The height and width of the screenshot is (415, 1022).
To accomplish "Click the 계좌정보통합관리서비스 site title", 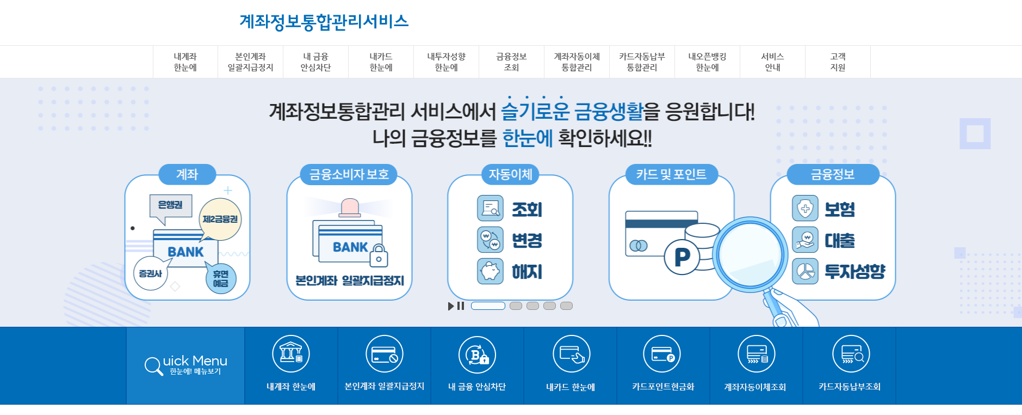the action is pos(324,22).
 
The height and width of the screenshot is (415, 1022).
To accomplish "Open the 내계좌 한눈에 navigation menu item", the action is pos(185,62).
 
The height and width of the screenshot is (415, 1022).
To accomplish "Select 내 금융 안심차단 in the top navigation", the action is pos(315,62).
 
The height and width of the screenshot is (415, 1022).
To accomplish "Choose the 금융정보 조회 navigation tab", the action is pos(511,62).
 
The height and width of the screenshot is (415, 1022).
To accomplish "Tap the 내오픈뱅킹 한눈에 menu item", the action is pos(707,62).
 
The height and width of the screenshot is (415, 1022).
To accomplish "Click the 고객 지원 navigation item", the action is pos(838,62).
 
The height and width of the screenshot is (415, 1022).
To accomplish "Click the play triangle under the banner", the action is pos(451,306).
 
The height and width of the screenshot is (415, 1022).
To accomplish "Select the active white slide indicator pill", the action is pos(488,306).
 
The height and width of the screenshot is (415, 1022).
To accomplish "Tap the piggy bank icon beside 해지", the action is pos(490,271).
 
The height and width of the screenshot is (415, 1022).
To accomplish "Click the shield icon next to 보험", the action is pos(805,209).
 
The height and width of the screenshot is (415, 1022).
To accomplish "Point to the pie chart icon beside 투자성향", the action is pos(805,271).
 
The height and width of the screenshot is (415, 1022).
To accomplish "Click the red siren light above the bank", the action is pos(350,207).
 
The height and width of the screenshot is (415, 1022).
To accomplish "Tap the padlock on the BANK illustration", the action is pos(379,255).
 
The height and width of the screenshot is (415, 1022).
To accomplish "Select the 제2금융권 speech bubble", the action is pos(220,219).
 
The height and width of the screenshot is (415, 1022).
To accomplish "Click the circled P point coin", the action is pos(682,257).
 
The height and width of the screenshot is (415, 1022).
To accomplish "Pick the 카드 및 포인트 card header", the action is pos(671,174).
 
